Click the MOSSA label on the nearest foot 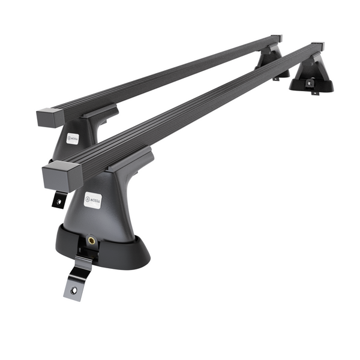[92, 200]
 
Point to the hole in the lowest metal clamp [75, 290]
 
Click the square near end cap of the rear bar [46, 117]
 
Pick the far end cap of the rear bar [276, 38]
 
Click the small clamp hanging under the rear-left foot [58, 199]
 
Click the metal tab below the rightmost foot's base [313, 91]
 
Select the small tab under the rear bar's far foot [277, 78]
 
